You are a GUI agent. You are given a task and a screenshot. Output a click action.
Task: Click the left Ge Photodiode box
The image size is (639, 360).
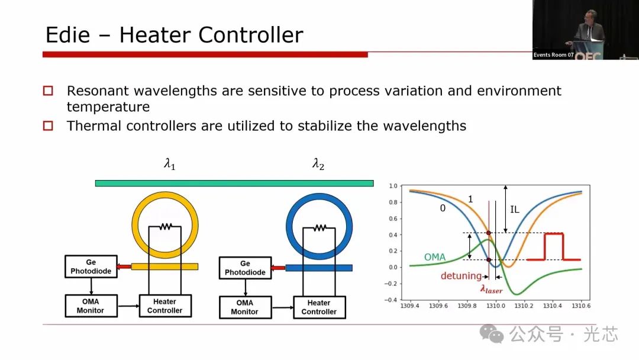[x=91, y=266]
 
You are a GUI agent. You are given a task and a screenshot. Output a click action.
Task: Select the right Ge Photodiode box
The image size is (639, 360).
[x=245, y=268]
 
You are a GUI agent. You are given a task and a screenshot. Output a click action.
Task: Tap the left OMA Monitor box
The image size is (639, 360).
[x=91, y=306]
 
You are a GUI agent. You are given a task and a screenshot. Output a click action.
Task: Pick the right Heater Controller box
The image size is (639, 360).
[x=319, y=307]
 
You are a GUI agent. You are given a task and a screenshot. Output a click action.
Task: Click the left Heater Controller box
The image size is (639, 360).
[x=165, y=306]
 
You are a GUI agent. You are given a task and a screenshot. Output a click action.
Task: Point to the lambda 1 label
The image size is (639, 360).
[x=170, y=164]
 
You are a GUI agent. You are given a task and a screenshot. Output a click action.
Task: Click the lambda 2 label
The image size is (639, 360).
[x=318, y=164]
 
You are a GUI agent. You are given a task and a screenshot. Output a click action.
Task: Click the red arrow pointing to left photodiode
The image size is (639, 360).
[x=124, y=266]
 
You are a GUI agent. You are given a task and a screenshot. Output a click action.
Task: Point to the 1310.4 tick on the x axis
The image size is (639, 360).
[x=552, y=306]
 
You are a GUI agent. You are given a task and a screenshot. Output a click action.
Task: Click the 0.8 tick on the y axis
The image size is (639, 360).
[x=393, y=202]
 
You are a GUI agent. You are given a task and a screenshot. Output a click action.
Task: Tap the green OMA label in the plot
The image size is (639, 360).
[x=435, y=257]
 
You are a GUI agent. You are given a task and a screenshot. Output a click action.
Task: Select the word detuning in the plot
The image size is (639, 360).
[x=461, y=276]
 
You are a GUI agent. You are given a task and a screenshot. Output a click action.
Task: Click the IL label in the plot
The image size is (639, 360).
[x=515, y=210]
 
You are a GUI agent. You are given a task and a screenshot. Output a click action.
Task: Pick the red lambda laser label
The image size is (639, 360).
[x=491, y=289]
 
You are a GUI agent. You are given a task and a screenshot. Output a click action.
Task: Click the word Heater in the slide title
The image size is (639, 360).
[x=155, y=35]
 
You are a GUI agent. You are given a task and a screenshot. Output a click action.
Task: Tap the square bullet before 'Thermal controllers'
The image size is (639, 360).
[x=48, y=126]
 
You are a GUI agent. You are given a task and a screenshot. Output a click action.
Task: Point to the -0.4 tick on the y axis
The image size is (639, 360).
[x=391, y=300]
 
